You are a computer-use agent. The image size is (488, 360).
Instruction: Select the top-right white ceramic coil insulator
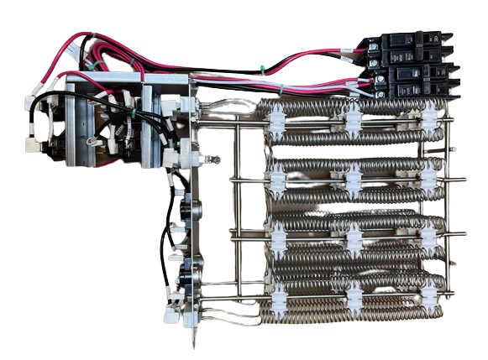tap(430, 120)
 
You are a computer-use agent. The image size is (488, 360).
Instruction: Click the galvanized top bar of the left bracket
tap(126, 76)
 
